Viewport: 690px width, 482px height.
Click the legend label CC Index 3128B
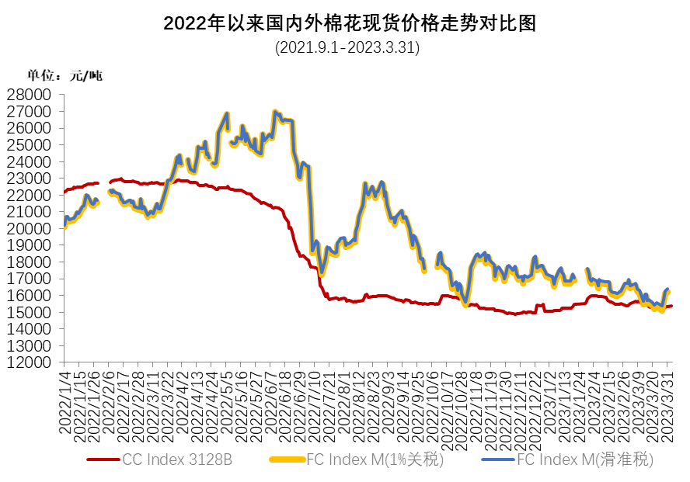tap(177, 459)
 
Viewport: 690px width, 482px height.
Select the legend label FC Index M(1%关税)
tap(375, 459)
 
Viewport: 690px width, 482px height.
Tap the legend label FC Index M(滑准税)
tap(585, 459)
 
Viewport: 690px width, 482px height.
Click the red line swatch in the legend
tap(103, 459)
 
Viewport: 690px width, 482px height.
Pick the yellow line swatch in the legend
tap(286, 459)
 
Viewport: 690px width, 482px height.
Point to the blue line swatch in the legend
tap(498, 459)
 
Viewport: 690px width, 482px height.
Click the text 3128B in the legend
tap(211, 459)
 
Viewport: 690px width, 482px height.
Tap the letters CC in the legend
tap(132, 459)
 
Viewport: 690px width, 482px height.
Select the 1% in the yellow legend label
tap(403, 459)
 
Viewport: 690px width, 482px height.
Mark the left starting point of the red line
tap(64, 191)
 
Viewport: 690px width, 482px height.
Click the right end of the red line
tap(671, 306)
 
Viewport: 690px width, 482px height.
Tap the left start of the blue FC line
tap(64, 224)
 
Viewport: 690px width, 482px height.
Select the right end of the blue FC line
tap(668, 290)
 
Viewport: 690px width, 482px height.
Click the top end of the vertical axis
tap(64, 95)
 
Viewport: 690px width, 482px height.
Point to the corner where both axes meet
tap(64, 362)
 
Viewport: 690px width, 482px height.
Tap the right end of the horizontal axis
tap(671, 362)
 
